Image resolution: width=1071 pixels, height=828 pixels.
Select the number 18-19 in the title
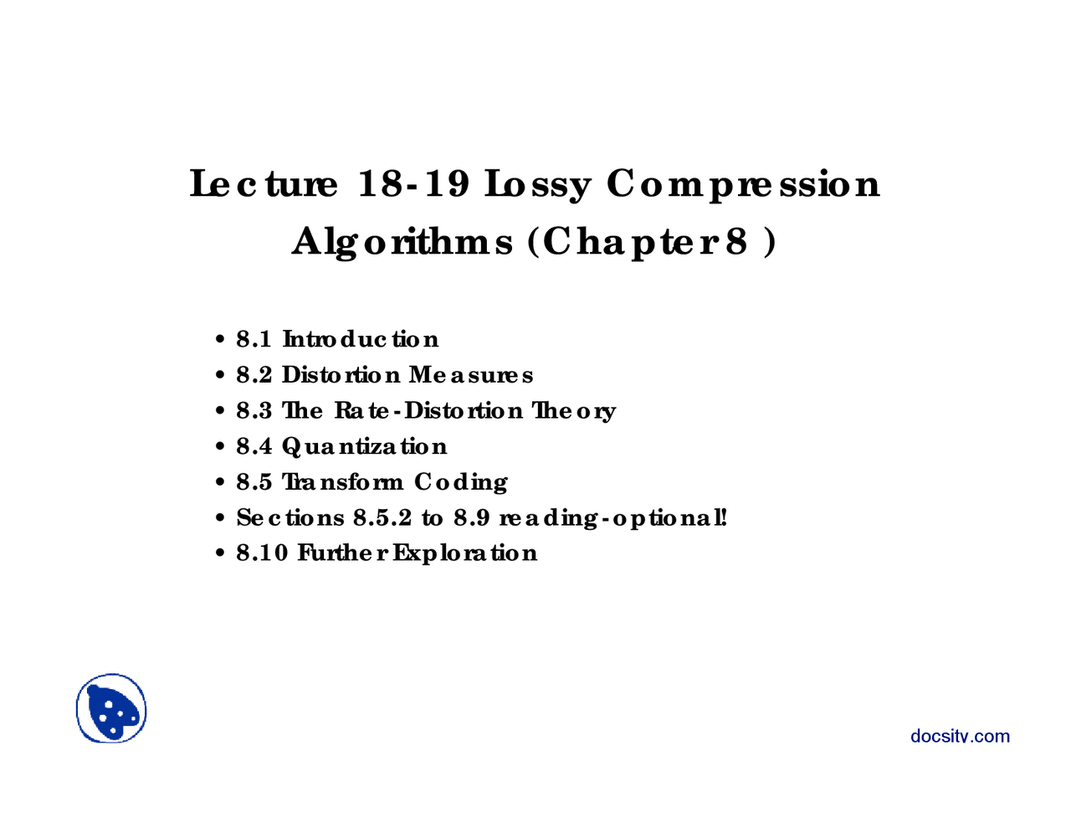413,183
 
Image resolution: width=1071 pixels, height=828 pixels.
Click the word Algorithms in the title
402,243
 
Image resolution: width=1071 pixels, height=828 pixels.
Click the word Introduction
361,339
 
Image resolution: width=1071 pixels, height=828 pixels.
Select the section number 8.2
254,375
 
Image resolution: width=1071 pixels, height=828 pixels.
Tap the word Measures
471,375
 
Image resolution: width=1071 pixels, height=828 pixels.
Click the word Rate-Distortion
428,410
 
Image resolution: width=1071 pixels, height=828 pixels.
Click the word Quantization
364,447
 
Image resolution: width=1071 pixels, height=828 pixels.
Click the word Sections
290,517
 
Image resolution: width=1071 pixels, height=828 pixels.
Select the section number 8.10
262,553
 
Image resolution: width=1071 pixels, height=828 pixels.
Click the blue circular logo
111,708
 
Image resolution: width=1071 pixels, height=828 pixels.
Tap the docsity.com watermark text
960,736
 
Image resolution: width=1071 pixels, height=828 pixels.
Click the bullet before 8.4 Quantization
220,447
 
